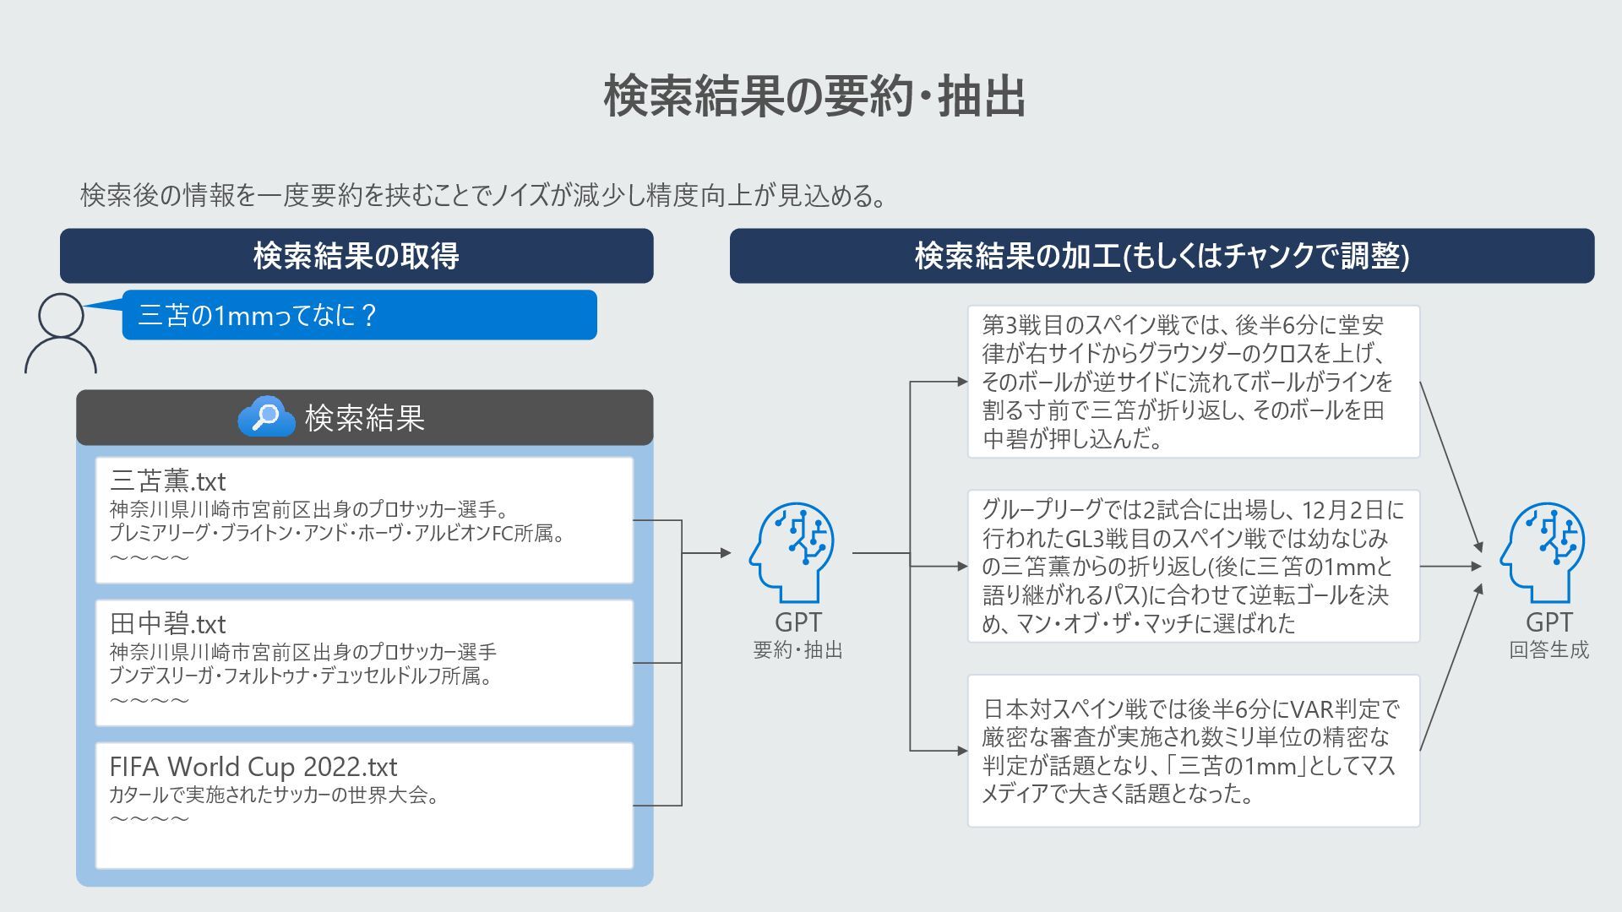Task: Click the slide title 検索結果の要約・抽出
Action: pos(814,96)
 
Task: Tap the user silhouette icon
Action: pos(61,333)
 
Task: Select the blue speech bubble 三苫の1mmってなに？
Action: pos(359,315)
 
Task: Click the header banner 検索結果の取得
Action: pos(356,255)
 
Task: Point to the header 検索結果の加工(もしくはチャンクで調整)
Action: pos(1162,255)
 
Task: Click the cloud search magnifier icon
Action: pos(266,416)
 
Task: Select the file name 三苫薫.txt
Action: pos(168,481)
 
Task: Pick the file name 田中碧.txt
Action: pos(168,624)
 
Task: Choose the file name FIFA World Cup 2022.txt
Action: pos(253,767)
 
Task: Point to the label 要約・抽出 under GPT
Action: pos(797,650)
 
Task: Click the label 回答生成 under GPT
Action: pos(1549,650)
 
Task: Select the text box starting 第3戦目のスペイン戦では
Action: pos(1193,382)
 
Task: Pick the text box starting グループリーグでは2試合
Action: pos(1193,566)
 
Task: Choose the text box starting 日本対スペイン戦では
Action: pos(1193,751)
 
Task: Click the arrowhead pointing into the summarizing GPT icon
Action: pos(727,553)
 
